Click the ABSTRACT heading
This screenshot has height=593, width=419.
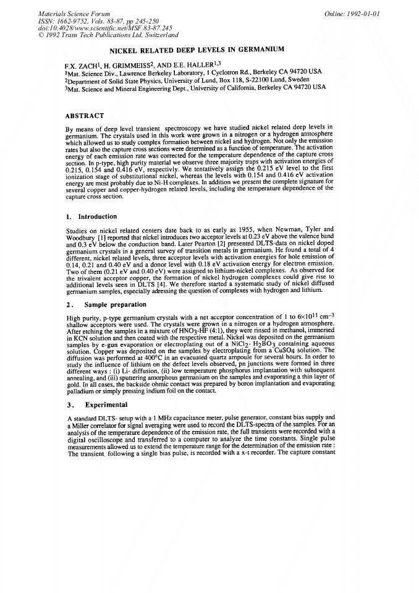pos(84,116)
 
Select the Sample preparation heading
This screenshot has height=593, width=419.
pos(106,305)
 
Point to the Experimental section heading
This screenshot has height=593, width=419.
pos(96,405)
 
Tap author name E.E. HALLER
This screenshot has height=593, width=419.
pos(211,65)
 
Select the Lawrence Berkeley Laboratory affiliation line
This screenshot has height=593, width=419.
pos(193,72)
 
